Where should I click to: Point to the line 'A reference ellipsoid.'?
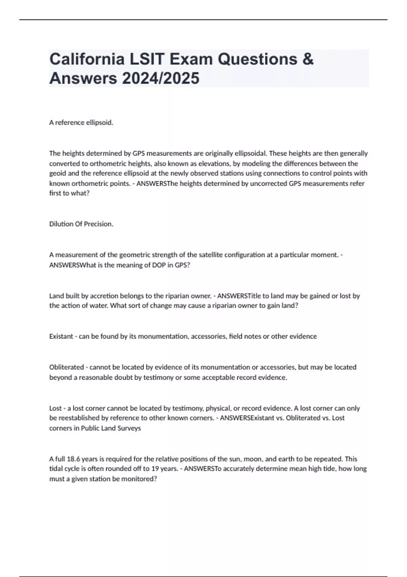click(81, 123)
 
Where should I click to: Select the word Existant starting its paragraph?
click(61, 336)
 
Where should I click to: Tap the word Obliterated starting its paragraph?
click(66, 367)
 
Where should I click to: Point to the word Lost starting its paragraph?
click(56, 408)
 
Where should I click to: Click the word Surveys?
click(129, 428)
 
